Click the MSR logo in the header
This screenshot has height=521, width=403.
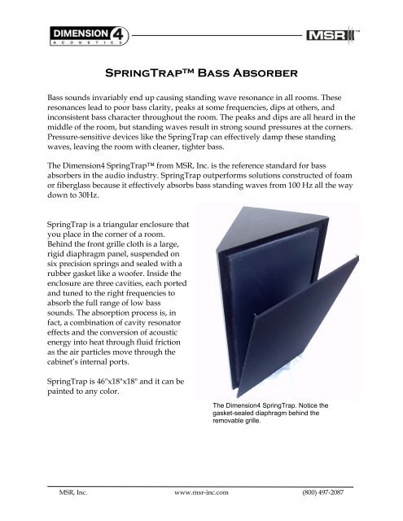(330, 37)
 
